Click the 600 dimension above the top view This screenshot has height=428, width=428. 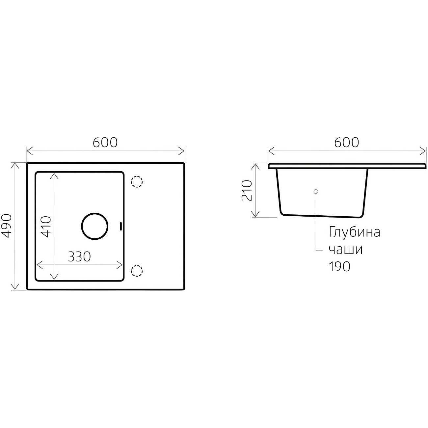pyautogui.click(x=105, y=143)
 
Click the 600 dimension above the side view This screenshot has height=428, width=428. pyautogui.click(x=346, y=143)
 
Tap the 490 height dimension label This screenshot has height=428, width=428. pyautogui.click(x=6, y=226)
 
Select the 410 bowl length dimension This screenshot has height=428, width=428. pyautogui.click(x=46, y=227)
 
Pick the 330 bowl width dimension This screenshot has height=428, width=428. pyautogui.click(x=79, y=257)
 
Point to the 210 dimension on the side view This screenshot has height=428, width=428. pyautogui.click(x=247, y=190)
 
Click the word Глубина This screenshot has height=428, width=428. pyautogui.click(x=355, y=232)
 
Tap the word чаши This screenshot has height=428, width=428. pyautogui.click(x=346, y=250)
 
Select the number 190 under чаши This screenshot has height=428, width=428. pyautogui.click(x=339, y=267)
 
